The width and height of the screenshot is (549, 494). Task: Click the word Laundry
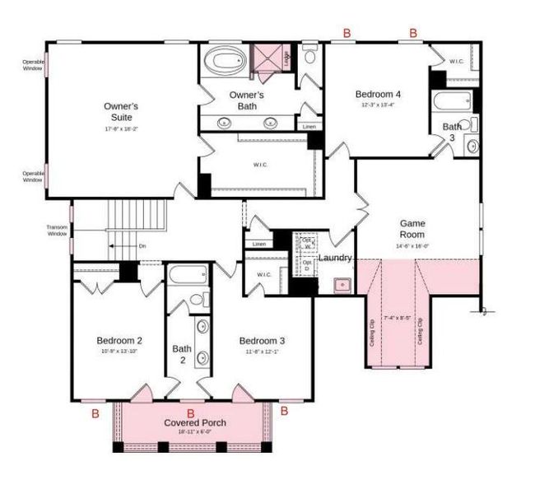tap(336, 258)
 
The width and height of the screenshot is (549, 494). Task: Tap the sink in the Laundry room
tap(340, 285)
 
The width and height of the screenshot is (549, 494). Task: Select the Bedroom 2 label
tap(119, 340)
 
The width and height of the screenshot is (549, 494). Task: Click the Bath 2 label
tap(182, 354)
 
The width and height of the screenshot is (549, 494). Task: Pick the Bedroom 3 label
tap(262, 340)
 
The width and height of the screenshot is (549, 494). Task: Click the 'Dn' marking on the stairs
tap(142, 246)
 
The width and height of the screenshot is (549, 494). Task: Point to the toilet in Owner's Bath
tap(310, 56)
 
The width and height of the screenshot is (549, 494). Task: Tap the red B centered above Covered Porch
tap(191, 412)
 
